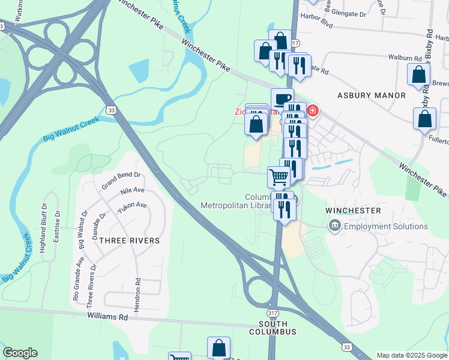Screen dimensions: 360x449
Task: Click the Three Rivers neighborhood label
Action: (x=130, y=241)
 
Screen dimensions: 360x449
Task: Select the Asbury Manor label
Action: (x=372, y=95)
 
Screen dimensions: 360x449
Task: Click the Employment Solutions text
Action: (x=386, y=226)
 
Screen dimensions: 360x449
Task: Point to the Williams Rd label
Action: (x=108, y=316)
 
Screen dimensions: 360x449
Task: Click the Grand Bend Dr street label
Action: (x=121, y=181)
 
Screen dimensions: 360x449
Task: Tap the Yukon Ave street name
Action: (x=133, y=205)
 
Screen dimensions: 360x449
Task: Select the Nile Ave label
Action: (x=133, y=191)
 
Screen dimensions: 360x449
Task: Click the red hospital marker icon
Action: (x=312, y=110)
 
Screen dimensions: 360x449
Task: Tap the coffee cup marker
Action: (x=282, y=99)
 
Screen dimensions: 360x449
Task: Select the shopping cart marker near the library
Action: (x=279, y=177)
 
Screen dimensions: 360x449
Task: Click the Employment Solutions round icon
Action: (x=334, y=226)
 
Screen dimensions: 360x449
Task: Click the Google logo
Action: (x=20, y=353)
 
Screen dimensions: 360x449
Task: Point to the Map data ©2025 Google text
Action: (x=411, y=355)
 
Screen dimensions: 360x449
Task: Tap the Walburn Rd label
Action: (x=405, y=58)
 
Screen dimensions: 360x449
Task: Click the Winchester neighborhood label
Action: (x=353, y=211)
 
